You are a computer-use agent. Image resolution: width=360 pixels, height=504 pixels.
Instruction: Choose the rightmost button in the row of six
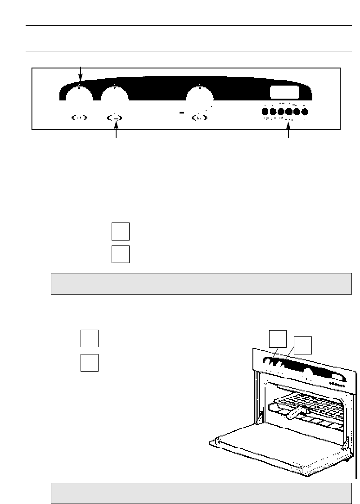click(305, 112)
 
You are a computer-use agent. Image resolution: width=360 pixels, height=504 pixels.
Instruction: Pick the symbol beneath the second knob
click(115, 118)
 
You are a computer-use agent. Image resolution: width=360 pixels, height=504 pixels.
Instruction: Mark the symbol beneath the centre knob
click(199, 118)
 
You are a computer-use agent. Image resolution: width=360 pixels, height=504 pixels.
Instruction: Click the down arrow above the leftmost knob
click(81, 72)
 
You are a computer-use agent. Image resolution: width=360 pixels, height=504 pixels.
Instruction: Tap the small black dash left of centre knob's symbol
click(181, 113)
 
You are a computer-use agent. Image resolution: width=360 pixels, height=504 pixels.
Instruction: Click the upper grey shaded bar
click(201, 283)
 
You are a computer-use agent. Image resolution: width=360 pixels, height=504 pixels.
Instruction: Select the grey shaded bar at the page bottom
click(201, 493)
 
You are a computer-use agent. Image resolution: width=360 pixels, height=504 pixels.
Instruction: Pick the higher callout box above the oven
click(277, 339)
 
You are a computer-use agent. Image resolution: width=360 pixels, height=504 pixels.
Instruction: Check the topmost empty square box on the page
click(120, 231)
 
